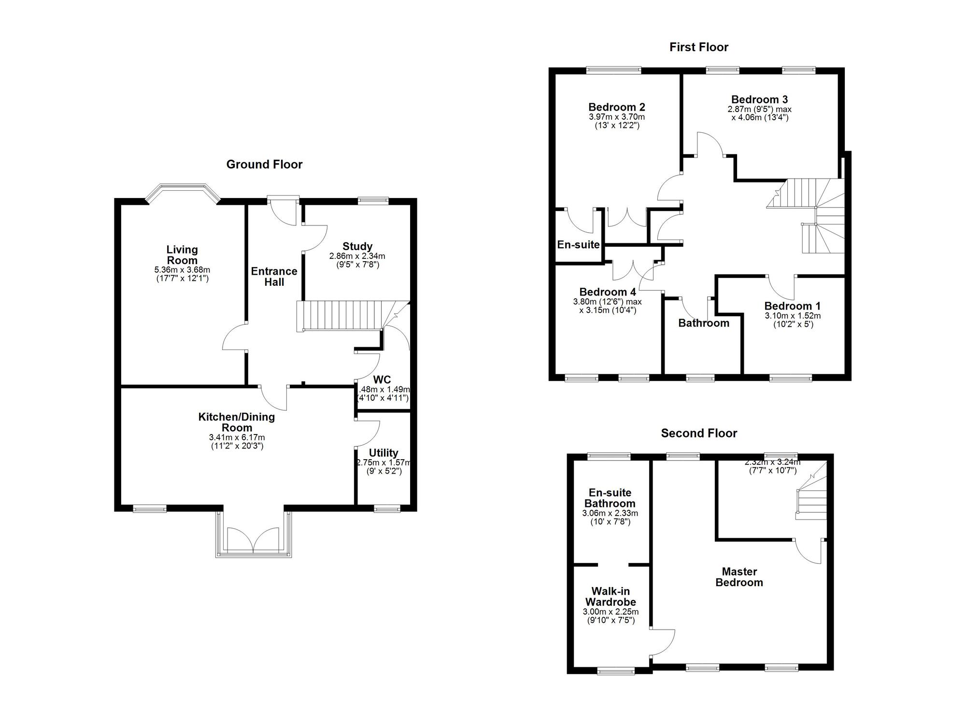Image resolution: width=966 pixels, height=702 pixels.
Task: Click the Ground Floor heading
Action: click(264, 165)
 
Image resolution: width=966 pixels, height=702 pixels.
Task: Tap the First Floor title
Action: click(698, 47)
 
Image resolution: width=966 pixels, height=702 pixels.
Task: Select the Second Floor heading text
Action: click(698, 433)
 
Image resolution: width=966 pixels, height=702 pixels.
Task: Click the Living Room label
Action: click(182, 255)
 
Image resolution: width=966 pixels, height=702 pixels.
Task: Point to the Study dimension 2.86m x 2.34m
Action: click(357, 256)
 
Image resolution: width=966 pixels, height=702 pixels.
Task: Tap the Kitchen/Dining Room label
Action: click(237, 422)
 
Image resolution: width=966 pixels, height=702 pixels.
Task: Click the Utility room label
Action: click(384, 453)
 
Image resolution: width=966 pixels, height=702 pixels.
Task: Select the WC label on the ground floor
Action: click(382, 379)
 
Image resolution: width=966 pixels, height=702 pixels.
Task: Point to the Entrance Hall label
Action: click(274, 277)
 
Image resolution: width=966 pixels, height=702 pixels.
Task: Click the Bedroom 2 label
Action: click(616, 107)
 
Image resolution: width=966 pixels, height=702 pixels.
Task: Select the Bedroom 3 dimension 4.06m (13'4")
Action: click(759, 117)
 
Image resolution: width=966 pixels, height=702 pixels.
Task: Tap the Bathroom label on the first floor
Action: click(703, 323)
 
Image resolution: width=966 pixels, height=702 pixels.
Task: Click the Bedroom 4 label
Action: click(607, 292)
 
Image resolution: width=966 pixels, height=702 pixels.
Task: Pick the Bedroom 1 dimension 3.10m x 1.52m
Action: click(792, 316)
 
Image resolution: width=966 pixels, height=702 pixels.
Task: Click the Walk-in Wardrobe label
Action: click(610, 597)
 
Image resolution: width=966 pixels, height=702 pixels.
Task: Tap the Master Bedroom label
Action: click(739, 577)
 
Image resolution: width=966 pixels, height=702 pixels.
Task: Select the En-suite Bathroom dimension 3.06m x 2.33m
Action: click(610, 513)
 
